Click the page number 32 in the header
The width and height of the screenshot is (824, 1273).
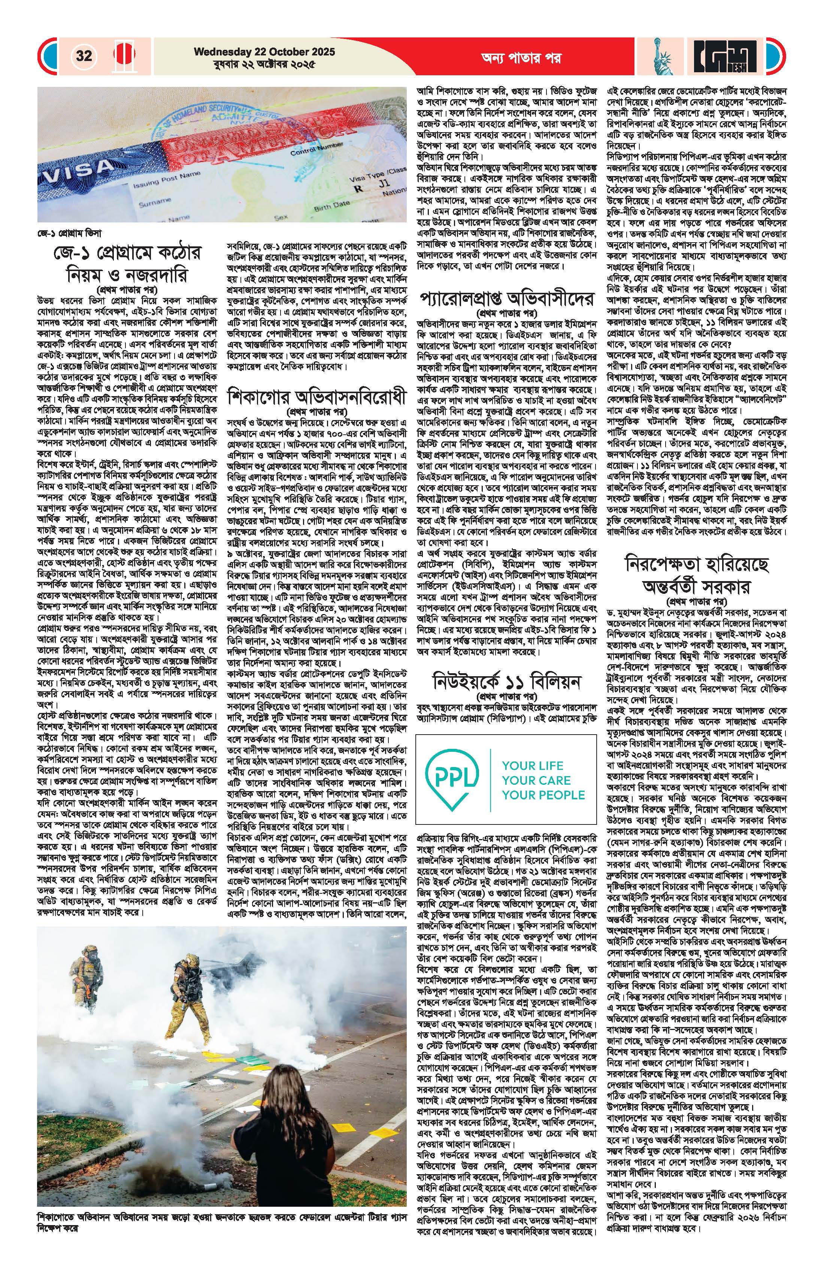84,56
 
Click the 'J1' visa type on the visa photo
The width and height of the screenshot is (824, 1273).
381,188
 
